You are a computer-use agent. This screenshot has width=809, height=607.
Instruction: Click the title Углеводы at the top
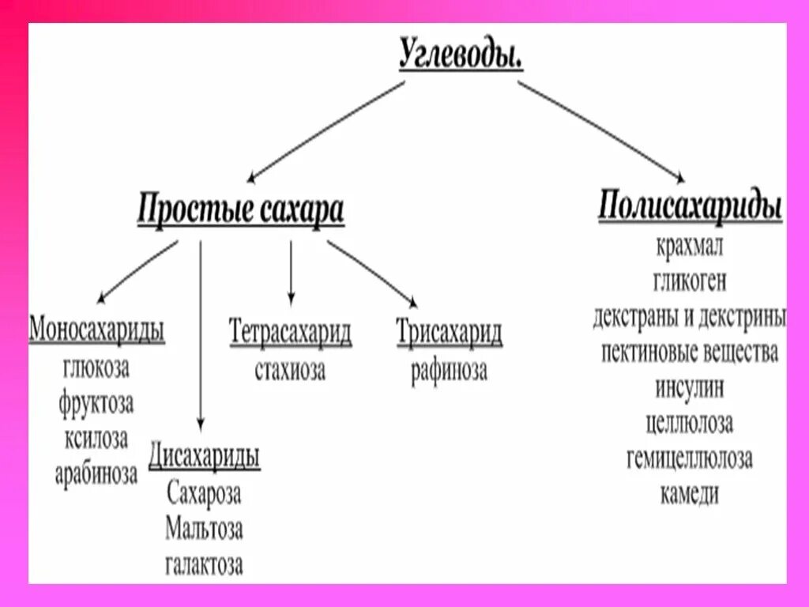click(x=461, y=55)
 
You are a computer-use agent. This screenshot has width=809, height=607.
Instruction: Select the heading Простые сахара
click(x=241, y=211)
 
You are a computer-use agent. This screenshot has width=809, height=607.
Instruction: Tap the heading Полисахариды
click(x=690, y=206)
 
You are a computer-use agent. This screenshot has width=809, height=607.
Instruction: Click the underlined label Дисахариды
click(x=205, y=457)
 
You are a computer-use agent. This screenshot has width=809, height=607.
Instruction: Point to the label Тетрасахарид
click(x=290, y=333)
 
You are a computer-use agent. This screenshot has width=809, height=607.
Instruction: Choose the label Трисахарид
click(x=449, y=333)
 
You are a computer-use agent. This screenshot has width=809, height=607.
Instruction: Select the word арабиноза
click(x=96, y=474)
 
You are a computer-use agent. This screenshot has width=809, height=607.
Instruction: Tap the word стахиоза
click(x=290, y=370)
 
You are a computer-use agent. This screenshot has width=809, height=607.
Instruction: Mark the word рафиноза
click(x=449, y=371)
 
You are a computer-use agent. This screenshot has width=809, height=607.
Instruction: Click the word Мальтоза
click(x=204, y=529)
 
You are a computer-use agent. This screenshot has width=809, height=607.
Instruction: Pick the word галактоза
click(x=204, y=564)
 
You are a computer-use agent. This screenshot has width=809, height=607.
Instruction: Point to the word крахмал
click(x=690, y=246)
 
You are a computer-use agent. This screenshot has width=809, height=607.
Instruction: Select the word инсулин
click(x=690, y=388)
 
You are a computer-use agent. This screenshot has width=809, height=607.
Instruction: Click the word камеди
click(x=690, y=494)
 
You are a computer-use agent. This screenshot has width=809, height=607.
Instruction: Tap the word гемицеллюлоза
click(x=690, y=458)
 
